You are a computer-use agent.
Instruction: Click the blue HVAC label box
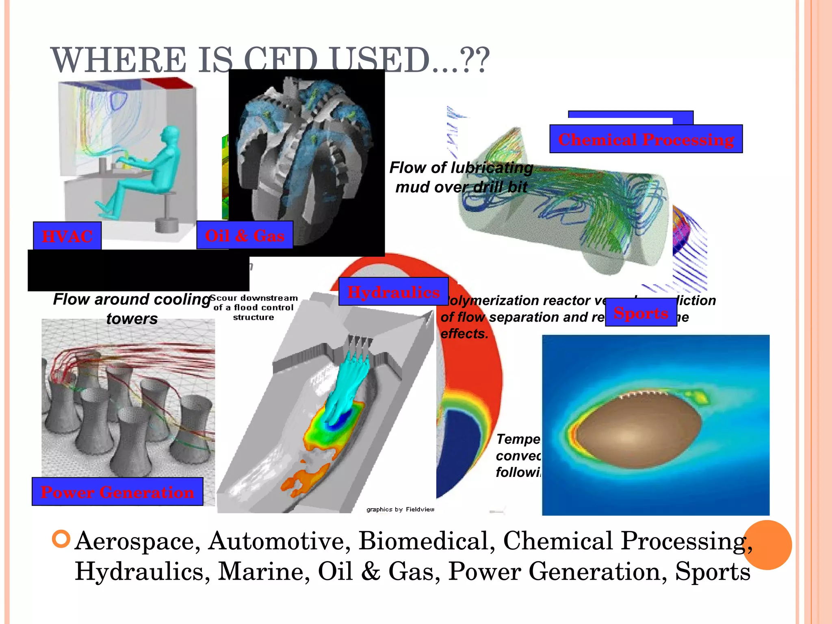click(x=67, y=236)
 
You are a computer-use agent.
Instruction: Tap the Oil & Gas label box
click(x=245, y=235)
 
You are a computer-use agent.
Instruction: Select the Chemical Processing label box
click(x=646, y=139)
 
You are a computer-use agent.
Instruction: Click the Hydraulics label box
click(x=393, y=292)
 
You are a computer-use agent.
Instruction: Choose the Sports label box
click(x=641, y=312)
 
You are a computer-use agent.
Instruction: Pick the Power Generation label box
click(x=117, y=492)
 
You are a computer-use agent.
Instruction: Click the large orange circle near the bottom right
click(x=767, y=545)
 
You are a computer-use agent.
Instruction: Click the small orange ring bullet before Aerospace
click(x=61, y=539)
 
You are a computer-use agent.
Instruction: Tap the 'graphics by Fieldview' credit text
click(x=400, y=509)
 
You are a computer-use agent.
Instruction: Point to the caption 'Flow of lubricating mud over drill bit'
click(x=461, y=177)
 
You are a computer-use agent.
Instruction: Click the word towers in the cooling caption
click(x=132, y=319)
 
